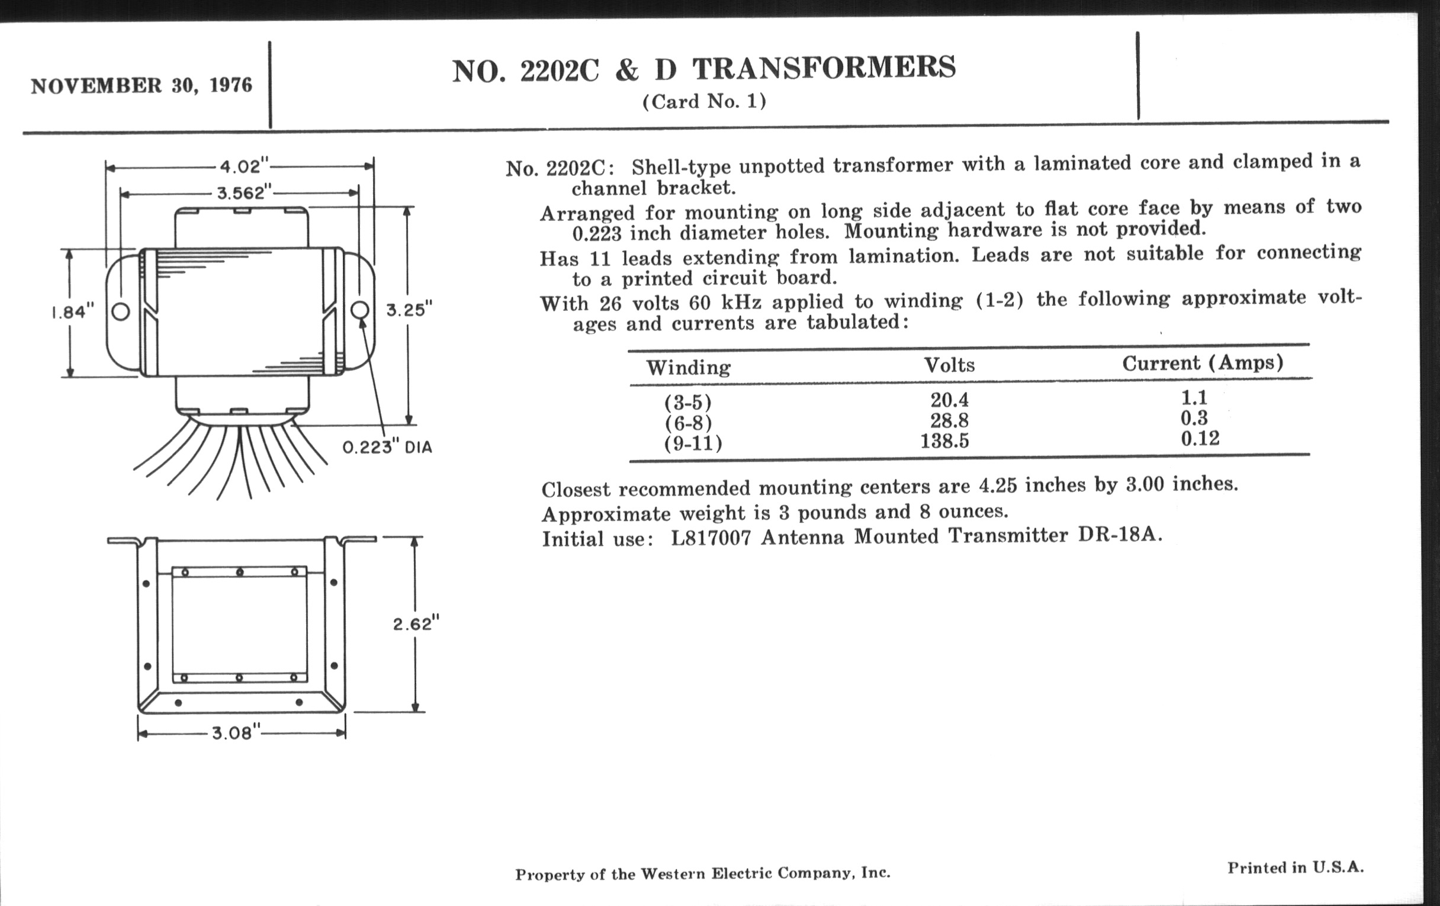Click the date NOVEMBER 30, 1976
pyautogui.click(x=141, y=85)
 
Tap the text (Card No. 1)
pyautogui.click(x=704, y=102)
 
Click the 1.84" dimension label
pyautogui.click(x=73, y=311)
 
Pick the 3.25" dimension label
pyautogui.click(x=409, y=310)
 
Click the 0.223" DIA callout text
pyautogui.click(x=387, y=447)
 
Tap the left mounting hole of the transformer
pyautogui.click(x=121, y=311)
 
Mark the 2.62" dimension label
pyautogui.click(x=416, y=624)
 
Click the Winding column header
pyautogui.click(x=688, y=367)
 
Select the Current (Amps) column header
pyautogui.click(x=1202, y=363)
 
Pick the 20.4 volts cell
pyautogui.click(x=949, y=399)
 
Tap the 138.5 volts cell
pyautogui.click(x=944, y=441)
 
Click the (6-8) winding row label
pyautogui.click(x=688, y=423)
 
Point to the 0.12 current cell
pyautogui.click(x=1200, y=438)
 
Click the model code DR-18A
pyautogui.click(x=1120, y=534)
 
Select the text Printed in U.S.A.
pyautogui.click(x=1296, y=868)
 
